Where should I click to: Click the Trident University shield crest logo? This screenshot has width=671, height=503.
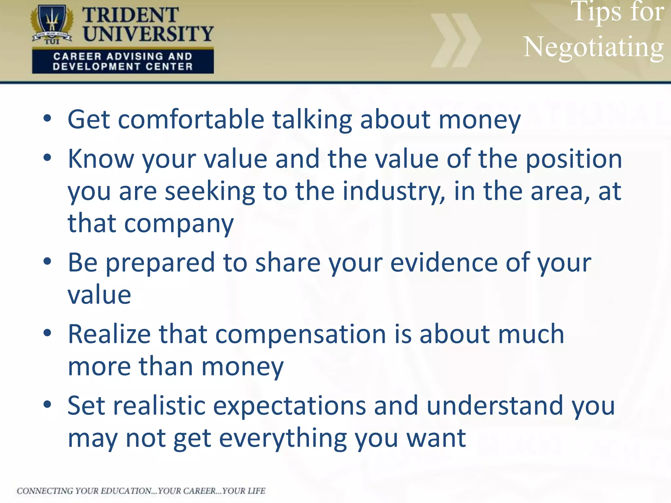pyautogui.click(x=52, y=25)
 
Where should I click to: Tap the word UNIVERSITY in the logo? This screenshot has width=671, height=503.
pyautogui.click(x=148, y=34)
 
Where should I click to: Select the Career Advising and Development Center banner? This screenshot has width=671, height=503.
pyautogui.click(x=123, y=61)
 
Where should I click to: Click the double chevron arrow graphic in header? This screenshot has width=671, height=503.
pyautogui.click(x=455, y=40)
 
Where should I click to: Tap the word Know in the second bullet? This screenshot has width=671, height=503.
pyautogui.click(x=101, y=159)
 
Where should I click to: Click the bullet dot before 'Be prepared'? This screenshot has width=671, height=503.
pyautogui.click(x=48, y=262)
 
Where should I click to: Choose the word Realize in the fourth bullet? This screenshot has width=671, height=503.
pyautogui.click(x=109, y=334)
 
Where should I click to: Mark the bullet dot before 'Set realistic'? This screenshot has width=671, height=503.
pyautogui.click(x=48, y=405)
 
